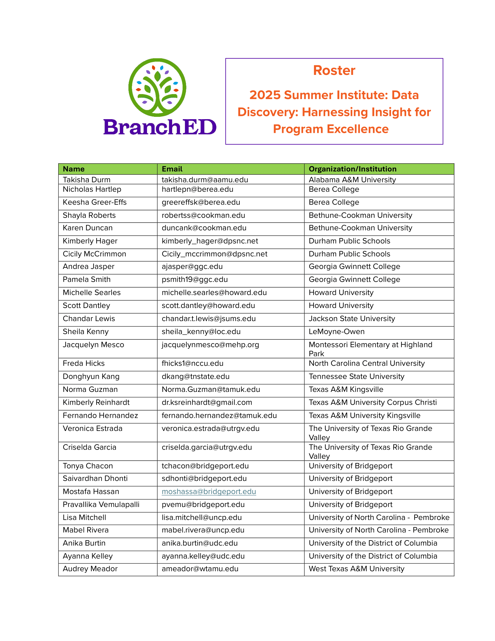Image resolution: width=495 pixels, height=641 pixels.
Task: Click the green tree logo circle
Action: (x=157, y=87)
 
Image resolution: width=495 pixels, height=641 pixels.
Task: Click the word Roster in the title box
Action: (x=334, y=71)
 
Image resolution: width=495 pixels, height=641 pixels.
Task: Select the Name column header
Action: (x=74, y=169)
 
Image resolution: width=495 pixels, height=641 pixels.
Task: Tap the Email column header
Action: (x=172, y=169)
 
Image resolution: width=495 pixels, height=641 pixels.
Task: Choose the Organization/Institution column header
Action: (x=353, y=169)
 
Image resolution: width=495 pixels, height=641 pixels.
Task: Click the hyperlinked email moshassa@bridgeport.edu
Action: (x=209, y=492)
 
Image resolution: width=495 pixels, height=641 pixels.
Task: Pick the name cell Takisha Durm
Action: (x=86, y=179)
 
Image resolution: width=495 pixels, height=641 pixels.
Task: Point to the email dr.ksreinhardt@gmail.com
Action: (x=207, y=402)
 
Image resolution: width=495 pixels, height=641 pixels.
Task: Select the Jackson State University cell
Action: (x=352, y=319)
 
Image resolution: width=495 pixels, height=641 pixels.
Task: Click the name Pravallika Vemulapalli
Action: (x=101, y=505)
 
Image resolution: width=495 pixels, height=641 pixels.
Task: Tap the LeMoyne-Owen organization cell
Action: (x=336, y=332)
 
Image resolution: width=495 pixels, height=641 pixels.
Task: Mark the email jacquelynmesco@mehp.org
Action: (x=210, y=345)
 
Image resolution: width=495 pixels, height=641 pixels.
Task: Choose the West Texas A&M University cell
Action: (x=356, y=569)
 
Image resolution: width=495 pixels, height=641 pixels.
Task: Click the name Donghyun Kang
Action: (x=91, y=376)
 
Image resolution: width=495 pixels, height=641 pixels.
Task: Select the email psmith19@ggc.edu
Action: (x=195, y=279)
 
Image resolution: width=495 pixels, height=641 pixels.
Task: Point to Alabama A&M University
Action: (x=352, y=179)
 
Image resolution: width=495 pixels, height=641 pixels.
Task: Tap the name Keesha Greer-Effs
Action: (x=94, y=202)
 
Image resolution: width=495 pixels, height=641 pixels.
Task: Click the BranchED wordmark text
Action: (x=160, y=127)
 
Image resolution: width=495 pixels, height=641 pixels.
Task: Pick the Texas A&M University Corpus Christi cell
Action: (x=372, y=402)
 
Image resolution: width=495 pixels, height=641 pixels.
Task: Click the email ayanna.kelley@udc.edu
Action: (x=203, y=556)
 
